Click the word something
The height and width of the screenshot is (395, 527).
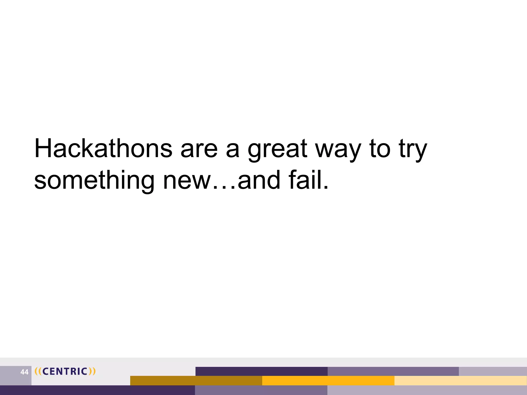[94, 181]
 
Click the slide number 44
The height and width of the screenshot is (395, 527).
[24, 372]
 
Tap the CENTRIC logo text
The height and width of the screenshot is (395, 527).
[65, 371]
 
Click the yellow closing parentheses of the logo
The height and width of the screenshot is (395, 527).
[92, 371]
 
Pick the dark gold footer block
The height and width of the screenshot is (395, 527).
[196, 381]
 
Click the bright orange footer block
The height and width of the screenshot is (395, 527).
[328, 381]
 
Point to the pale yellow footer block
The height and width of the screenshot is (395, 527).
[460, 381]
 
